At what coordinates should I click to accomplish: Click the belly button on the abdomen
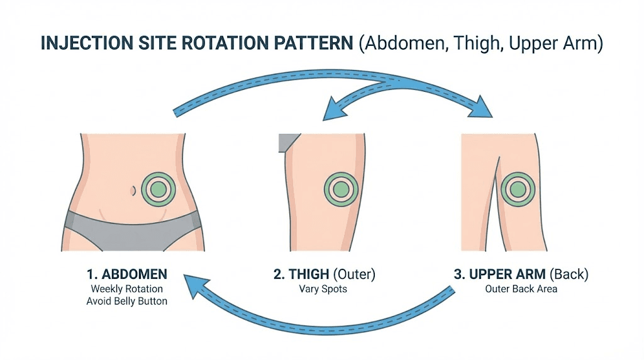(x=132, y=189)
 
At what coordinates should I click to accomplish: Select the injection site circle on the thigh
(x=341, y=188)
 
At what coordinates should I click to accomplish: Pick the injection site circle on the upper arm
(x=518, y=189)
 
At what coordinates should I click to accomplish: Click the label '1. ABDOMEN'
(x=126, y=274)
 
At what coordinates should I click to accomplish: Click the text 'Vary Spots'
(x=324, y=290)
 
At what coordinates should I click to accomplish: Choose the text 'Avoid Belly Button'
(x=127, y=301)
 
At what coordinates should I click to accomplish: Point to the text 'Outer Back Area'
(x=521, y=290)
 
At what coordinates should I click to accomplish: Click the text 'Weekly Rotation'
(x=127, y=289)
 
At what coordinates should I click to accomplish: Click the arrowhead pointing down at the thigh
(x=331, y=112)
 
